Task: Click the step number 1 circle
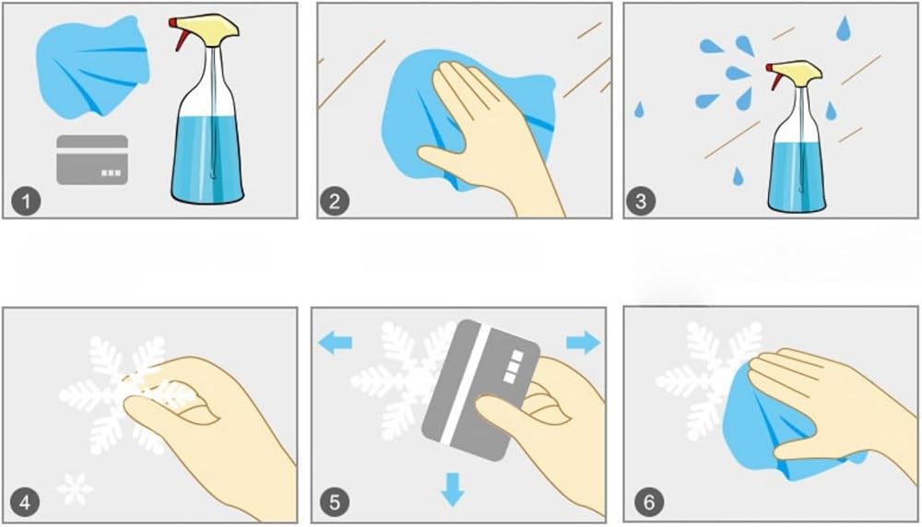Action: [x=26, y=202]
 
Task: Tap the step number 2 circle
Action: [x=335, y=202]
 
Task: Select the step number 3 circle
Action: [x=641, y=202]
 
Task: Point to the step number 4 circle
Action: [x=26, y=503]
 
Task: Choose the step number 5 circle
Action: [x=335, y=503]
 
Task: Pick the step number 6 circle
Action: [x=648, y=503]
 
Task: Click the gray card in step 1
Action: [x=92, y=159]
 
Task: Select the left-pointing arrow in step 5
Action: [x=336, y=342]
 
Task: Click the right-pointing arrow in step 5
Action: [x=584, y=342]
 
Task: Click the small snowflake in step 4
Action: [x=75, y=489]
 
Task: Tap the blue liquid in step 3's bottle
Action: [x=798, y=175]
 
